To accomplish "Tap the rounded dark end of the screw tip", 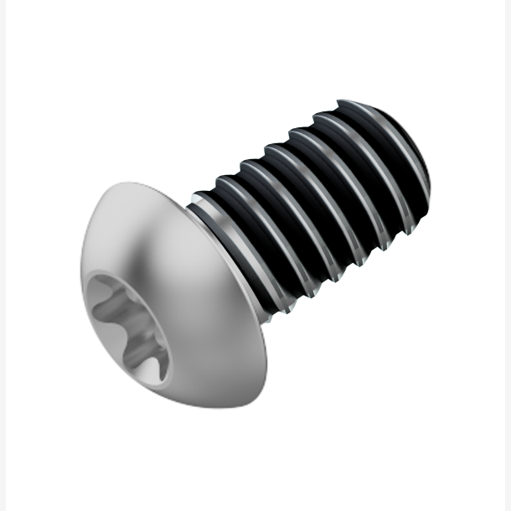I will [x=419, y=168].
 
